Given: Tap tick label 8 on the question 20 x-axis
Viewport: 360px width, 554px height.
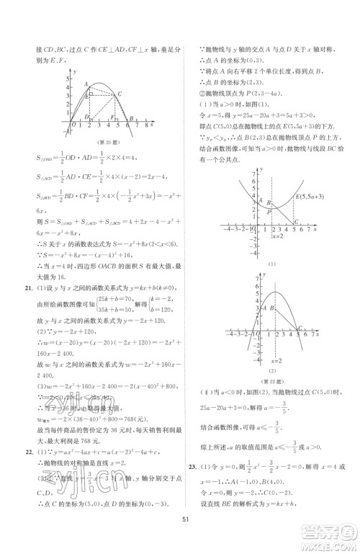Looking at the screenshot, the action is pyautogui.click(x=149, y=125).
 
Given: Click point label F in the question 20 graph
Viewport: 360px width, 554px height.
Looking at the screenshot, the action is pyautogui.click(x=112, y=117).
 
